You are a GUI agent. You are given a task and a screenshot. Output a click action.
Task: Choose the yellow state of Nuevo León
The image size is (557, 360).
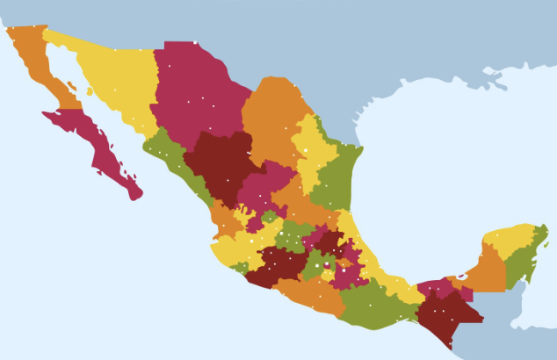[312, 149]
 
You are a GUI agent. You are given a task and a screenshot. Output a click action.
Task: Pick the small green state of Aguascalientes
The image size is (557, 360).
[269, 216]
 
